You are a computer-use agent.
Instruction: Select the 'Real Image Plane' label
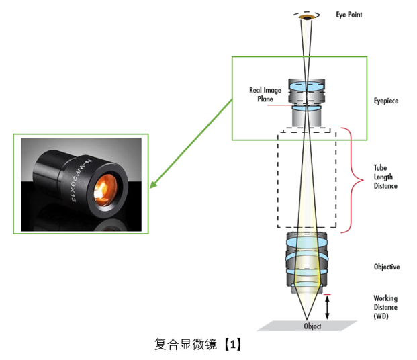(x=265, y=93)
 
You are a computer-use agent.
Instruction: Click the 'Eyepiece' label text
(x=386, y=101)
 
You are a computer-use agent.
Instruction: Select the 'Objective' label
(x=387, y=267)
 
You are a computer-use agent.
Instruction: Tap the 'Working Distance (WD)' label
(x=386, y=306)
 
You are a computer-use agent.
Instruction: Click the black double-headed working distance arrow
(x=328, y=308)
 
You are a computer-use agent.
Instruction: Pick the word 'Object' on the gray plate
(x=312, y=326)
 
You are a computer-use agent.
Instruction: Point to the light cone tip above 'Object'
(x=306, y=318)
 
